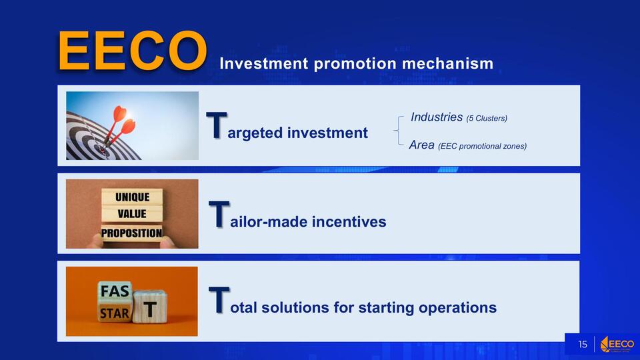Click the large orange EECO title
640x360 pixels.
[x=132, y=51]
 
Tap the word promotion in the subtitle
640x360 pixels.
[x=355, y=64]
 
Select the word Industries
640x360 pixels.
[x=436, y=117]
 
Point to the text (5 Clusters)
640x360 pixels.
[x=487, y=119]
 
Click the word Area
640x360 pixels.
[x=421, y=145]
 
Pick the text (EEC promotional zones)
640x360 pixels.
[x=483, y=146]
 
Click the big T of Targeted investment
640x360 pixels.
[x=216, y=125]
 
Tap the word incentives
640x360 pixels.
[x=349, y=221]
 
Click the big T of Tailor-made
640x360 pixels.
[x=219, y=214]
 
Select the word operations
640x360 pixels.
[x=457, y=307]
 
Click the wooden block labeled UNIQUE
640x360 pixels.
[x=132, y=197]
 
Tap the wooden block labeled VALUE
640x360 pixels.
[x=132, y=214]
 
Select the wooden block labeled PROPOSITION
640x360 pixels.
[x=132, y=233]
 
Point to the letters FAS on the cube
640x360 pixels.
[x=115, y=291]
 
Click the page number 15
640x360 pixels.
[x=583, y=345]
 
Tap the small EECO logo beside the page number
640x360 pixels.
[x=617, y=344]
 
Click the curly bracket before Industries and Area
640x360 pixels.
[x=399, y=131]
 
